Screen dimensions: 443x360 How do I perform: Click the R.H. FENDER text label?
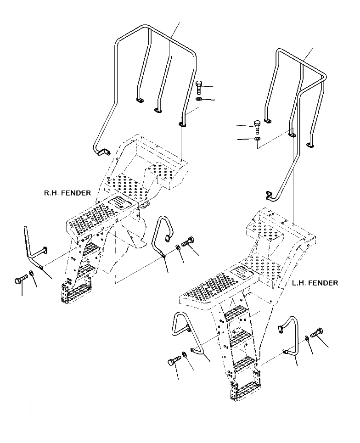[x=67, y=193]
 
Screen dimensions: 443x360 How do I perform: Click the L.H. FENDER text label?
[x=315, y=283]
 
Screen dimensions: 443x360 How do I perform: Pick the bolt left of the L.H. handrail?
[x=257, y=124]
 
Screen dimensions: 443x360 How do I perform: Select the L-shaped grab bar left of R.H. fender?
[x=33, y=248]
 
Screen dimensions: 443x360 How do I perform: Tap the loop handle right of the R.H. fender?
[x=161, y=236]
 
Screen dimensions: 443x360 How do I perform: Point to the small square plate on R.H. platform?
[x=118, y=203]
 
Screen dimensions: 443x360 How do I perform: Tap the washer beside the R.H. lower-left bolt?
[x=31, y=274]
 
